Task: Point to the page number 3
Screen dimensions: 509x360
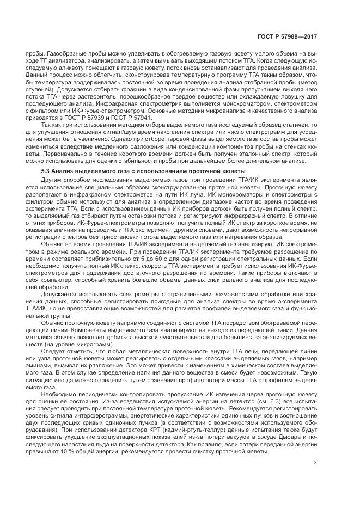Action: (315, 463)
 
